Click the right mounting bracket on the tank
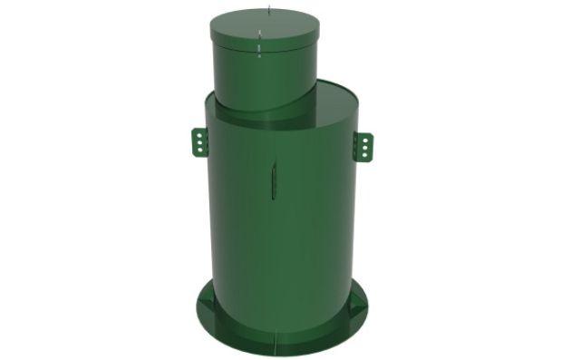(x=363, y=144)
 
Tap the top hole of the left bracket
(x=197, y=134)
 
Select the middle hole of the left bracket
(x=197, y=142)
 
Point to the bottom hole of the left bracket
(x=197, y=151)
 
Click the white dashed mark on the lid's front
(x=260, y=44)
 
